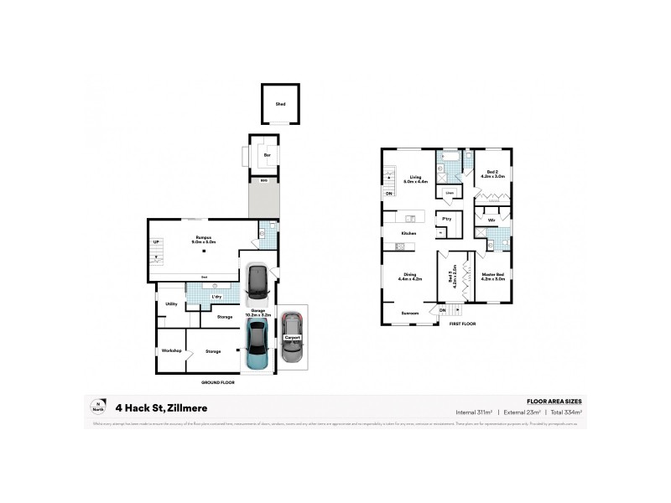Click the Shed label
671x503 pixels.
point(280,104)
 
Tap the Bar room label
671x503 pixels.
point(267,155)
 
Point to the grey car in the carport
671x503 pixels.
point(291,337)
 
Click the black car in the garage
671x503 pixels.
point(257,285)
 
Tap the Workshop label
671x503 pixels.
point(172,350)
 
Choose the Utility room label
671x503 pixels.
point(170,304)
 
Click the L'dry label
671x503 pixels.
point(216,297)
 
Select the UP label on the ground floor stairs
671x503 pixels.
point(155,243)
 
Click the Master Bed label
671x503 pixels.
point(493,276)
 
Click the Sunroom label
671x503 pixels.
point(408,314)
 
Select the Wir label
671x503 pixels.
point(492,220)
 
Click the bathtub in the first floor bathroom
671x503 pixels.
point(449,157)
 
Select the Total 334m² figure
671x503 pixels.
point(564,412)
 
